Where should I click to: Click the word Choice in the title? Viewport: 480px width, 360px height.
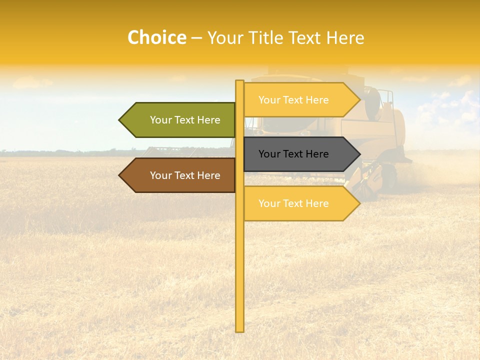click(156, 38)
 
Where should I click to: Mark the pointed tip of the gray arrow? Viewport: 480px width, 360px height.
click(359, 154)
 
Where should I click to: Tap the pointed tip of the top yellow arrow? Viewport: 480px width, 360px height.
click(359, 100)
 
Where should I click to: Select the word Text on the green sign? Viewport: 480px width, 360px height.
click(185, 120)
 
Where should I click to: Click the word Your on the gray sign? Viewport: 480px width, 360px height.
click(269, 154)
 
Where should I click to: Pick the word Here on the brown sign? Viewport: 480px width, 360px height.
click(209, 175)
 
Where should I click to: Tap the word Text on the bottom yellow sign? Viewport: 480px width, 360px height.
click(293, 203)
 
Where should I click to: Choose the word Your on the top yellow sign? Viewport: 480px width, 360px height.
click(269, 100)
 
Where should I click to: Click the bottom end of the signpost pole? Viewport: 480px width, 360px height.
click(239, 329)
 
